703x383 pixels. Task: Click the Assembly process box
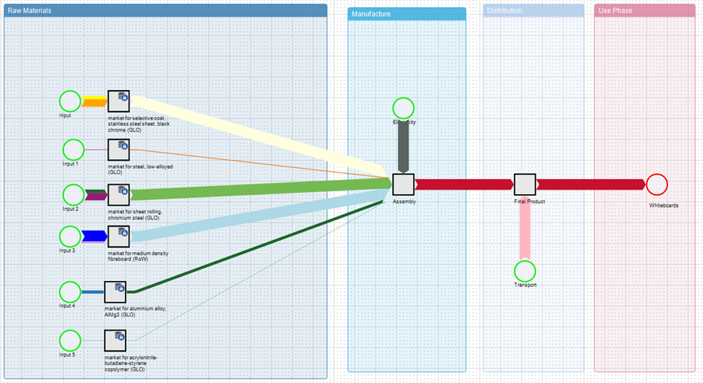[403, 184]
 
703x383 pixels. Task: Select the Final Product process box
[524, 184]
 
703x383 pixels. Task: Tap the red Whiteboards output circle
[657, 184]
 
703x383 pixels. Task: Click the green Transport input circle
[524, 271]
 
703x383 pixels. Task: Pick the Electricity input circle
[403, 108]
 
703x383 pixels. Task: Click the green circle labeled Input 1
[74, 149]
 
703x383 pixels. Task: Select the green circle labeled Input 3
[70, 236]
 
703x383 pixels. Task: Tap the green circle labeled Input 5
[70, 341]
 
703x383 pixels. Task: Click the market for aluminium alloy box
[115, 292]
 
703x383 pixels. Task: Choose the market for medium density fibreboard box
[119, 237]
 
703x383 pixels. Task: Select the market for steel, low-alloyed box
[119, 149]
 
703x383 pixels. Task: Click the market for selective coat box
[119, 101]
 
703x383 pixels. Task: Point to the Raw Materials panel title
[30, 10]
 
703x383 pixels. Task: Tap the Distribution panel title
[504, 10]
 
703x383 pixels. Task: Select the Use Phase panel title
[615, 10]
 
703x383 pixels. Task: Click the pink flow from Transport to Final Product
[524, 227]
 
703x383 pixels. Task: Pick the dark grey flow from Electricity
[403, 145]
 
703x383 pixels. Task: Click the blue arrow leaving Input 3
[94, 236]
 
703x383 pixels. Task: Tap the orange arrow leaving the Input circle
[94, 102]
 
